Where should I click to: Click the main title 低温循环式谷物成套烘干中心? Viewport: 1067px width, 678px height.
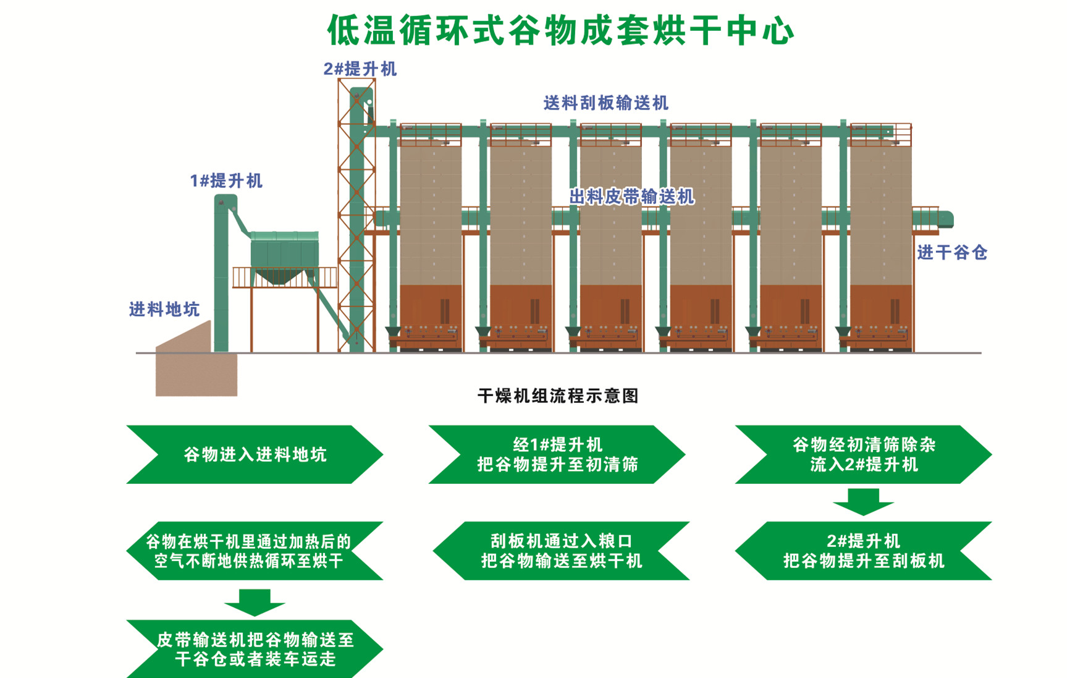coord(560,30)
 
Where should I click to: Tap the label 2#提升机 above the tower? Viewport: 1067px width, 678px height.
coord(360,69)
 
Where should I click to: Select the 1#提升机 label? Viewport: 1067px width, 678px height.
coord(226,180)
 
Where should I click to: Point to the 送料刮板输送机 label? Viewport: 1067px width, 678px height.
coord(605,103)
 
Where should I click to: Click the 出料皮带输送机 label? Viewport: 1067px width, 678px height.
coord(631,197)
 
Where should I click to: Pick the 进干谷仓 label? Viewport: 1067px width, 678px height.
coord(951,252)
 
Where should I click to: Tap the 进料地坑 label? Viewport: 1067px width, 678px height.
coord(164,309)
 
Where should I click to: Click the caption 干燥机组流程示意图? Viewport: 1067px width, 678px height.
coord(558,396)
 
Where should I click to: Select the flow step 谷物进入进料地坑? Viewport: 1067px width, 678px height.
coord(255,454)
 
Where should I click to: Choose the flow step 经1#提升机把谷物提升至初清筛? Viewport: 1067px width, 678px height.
coord(557,454)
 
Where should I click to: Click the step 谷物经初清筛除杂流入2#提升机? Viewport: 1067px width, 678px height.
coord(863,454)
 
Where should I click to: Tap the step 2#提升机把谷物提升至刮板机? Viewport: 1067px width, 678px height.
coord(863,551)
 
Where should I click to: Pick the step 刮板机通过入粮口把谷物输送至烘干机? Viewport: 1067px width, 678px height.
coord(561,551)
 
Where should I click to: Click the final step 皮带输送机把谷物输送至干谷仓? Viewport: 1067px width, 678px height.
coord(255,649)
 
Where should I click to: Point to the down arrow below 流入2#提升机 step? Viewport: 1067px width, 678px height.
coord(863,501)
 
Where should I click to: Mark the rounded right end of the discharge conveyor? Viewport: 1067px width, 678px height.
coord(946,219)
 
